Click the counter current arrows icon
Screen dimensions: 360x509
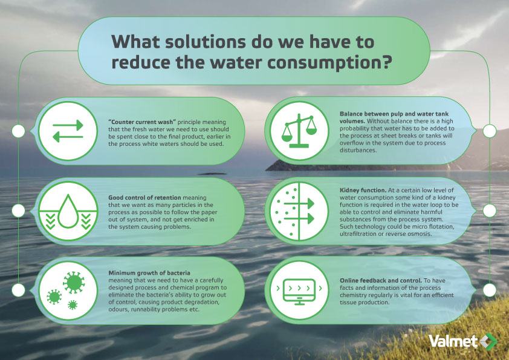tap(68, 130)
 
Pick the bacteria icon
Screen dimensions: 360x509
tap(68, 289)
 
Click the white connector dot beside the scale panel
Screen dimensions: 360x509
tap(490, 130)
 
